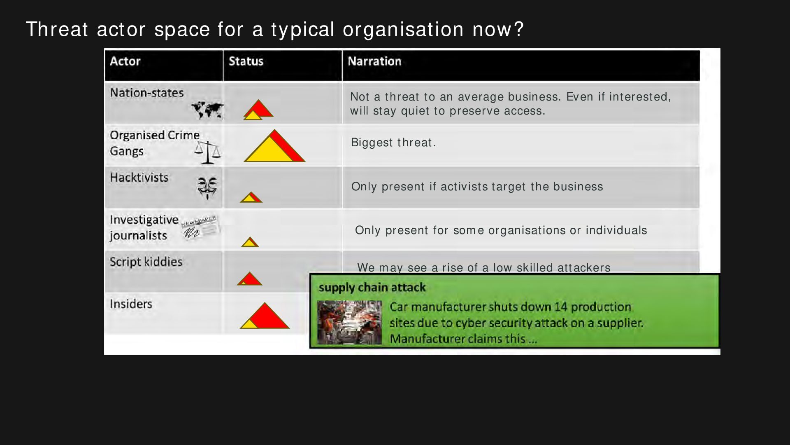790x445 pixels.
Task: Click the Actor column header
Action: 125,61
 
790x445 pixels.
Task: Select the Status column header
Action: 246,61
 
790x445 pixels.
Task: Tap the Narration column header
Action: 374,61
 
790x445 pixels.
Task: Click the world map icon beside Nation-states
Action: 207,110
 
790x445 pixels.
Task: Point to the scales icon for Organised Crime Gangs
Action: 208,152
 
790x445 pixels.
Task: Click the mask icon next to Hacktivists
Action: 207,188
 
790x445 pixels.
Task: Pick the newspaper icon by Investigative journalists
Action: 200,227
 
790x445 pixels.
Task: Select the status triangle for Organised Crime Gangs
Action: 274,146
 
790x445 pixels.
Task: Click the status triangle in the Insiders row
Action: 265,316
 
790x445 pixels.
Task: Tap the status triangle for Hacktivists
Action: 251,197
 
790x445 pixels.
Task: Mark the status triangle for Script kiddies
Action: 249,279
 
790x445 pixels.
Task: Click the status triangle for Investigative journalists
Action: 250,242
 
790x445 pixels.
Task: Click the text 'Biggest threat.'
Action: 393,143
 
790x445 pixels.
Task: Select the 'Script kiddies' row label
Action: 146,262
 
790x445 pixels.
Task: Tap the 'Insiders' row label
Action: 131,304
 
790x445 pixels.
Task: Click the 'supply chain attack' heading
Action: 372,288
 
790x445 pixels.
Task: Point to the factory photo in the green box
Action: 349,323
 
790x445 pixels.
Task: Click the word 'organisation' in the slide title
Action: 403,30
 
